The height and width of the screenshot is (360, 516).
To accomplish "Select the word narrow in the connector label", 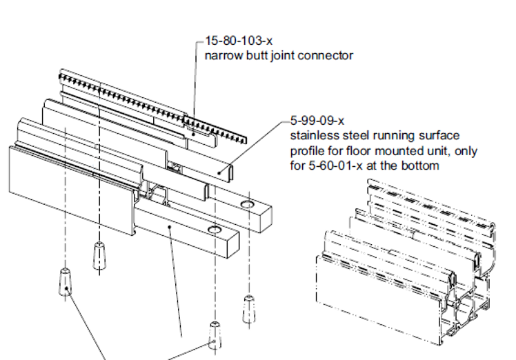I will (x=222, y=55).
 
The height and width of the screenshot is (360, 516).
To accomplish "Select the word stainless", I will (x=312, y=136).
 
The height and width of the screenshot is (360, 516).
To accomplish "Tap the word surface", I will (x=437, y=136).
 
